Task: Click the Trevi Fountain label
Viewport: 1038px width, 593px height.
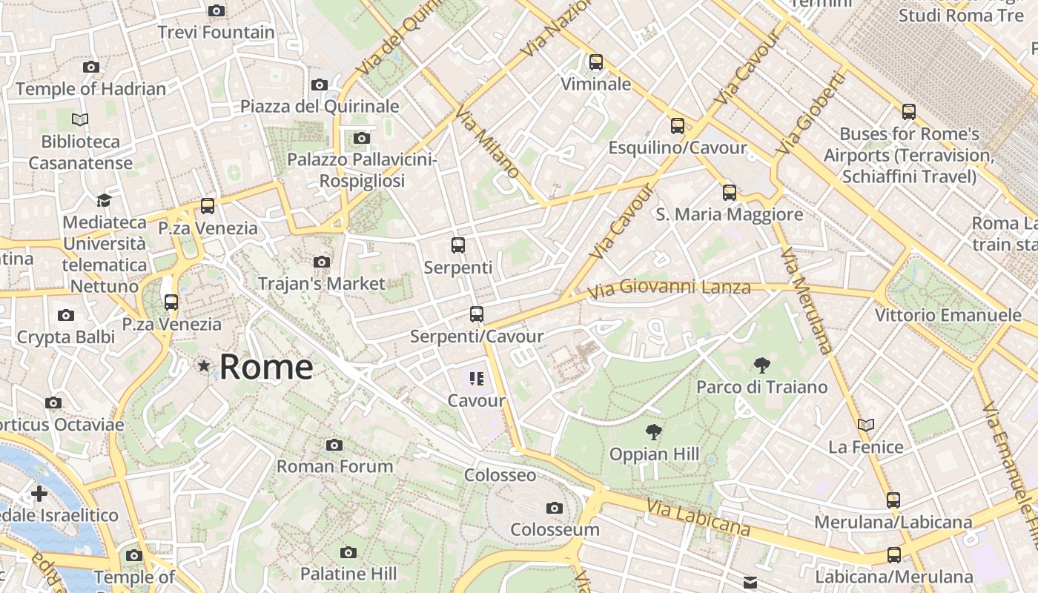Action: point(216,33)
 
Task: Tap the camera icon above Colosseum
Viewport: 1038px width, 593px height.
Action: point(554,508)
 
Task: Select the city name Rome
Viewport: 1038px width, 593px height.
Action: point(266,367)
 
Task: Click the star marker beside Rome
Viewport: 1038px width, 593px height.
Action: point(204,366)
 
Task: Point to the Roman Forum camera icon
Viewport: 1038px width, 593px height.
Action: point(334,445)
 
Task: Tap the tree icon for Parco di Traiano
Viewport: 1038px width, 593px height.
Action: point(761,365)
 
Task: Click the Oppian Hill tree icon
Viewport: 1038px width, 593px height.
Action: point(653,431)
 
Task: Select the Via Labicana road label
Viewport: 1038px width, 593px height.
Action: point(698,517)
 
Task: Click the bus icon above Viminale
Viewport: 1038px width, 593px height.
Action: point(596,62)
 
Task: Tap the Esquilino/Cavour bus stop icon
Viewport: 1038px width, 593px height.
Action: point(678,126)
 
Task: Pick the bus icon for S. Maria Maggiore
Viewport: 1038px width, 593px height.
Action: point(730,193)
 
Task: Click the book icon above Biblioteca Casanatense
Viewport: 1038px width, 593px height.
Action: point(80,119)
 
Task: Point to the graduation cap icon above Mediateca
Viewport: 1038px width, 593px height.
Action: point(104,201)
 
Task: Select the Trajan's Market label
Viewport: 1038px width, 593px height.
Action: point(322,283)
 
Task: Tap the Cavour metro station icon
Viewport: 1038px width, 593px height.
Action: point(476,380)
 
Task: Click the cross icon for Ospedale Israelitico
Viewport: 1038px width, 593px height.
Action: point(39,494)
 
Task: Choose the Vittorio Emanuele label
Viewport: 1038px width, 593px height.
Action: point(948,315)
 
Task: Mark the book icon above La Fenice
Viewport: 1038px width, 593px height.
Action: point(866,425)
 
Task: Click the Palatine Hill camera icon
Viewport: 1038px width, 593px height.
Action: point(348,552)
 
